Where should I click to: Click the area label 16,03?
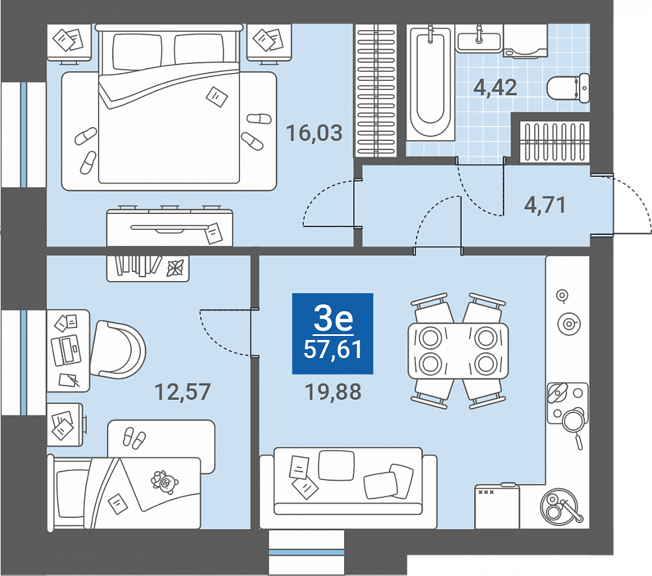(x=314, y=133)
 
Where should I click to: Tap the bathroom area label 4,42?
(x=496, y=87)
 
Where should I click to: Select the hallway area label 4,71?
(x=544, y=205)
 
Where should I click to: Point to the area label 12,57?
(x=183, y=392)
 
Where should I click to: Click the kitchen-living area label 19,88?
(x=333, y=392)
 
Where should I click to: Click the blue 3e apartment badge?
(x=333, y=333)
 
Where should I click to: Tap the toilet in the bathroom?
(x=568, y=88)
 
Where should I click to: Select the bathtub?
(x=430, y=82)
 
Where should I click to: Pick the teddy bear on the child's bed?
(x=164, y=481)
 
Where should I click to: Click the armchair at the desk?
(x=117, y=350)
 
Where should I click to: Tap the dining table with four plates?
(x=458, y=350)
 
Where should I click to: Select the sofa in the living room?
(x=348, y=487)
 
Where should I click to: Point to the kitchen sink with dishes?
(x=559, y=507)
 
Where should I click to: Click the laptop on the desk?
(x=65, y=350)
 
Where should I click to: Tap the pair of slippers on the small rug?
(x=134, y=438)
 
